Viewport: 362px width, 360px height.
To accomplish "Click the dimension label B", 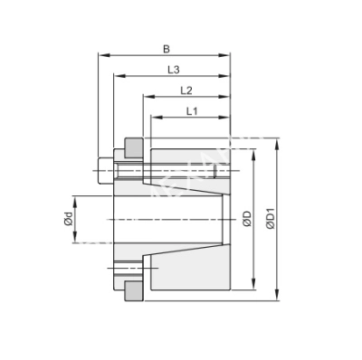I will point(165,50).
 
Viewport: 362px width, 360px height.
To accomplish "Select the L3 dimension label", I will point(173,70).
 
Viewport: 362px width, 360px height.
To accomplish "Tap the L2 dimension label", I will point(186,90).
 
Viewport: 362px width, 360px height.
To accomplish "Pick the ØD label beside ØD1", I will point(246,220).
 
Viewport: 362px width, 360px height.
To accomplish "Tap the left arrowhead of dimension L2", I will point(144,97).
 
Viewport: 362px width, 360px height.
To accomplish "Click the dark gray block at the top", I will point(133,145).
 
